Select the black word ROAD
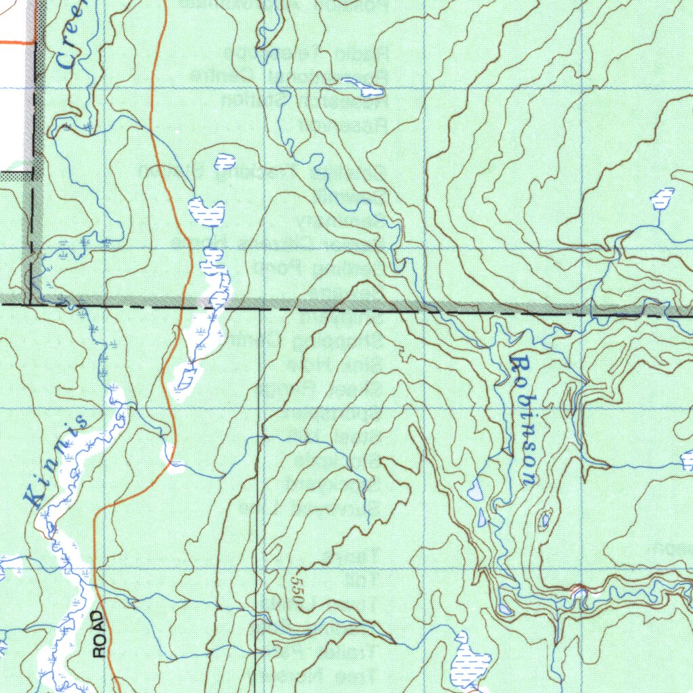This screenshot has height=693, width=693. coord(99,633)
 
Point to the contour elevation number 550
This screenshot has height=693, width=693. coord(298,591)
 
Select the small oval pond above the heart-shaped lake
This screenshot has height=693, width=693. coord(224,162)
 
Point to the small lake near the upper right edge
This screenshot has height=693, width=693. coord(662,198)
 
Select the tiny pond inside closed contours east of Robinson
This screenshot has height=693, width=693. coord(545,520)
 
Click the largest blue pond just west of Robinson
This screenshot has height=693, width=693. coord(476,489)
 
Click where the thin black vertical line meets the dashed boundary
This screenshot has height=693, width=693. coord(261,308)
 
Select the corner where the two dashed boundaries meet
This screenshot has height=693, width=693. coord(32,304)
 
